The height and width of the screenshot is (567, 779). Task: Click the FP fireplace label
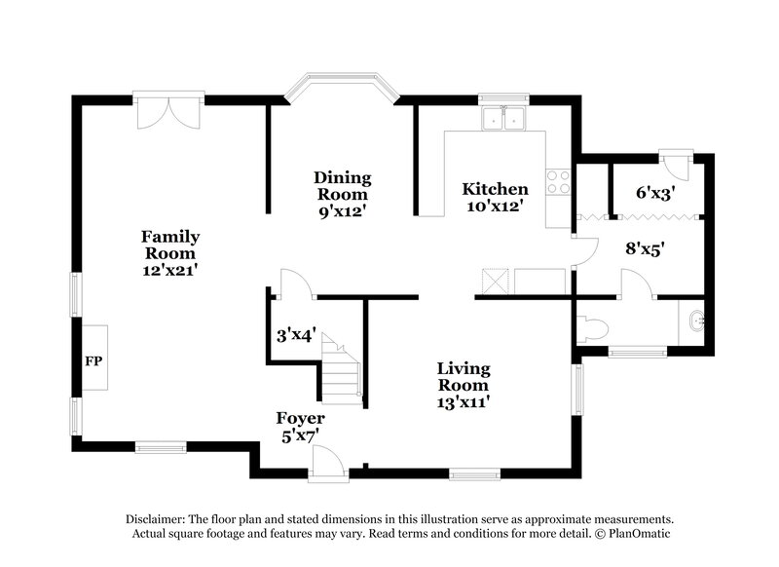(94, 361)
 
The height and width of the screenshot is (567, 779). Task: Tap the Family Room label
(170, 253)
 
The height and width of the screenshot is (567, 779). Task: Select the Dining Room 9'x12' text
(342, 193)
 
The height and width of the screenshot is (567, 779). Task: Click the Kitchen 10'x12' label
(495, 198)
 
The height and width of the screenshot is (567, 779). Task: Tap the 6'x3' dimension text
(655, 193)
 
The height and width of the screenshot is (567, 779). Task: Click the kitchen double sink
(504, 119)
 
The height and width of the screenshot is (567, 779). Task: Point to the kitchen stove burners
(558, 181)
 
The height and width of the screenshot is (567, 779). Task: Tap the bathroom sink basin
(692, 320)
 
